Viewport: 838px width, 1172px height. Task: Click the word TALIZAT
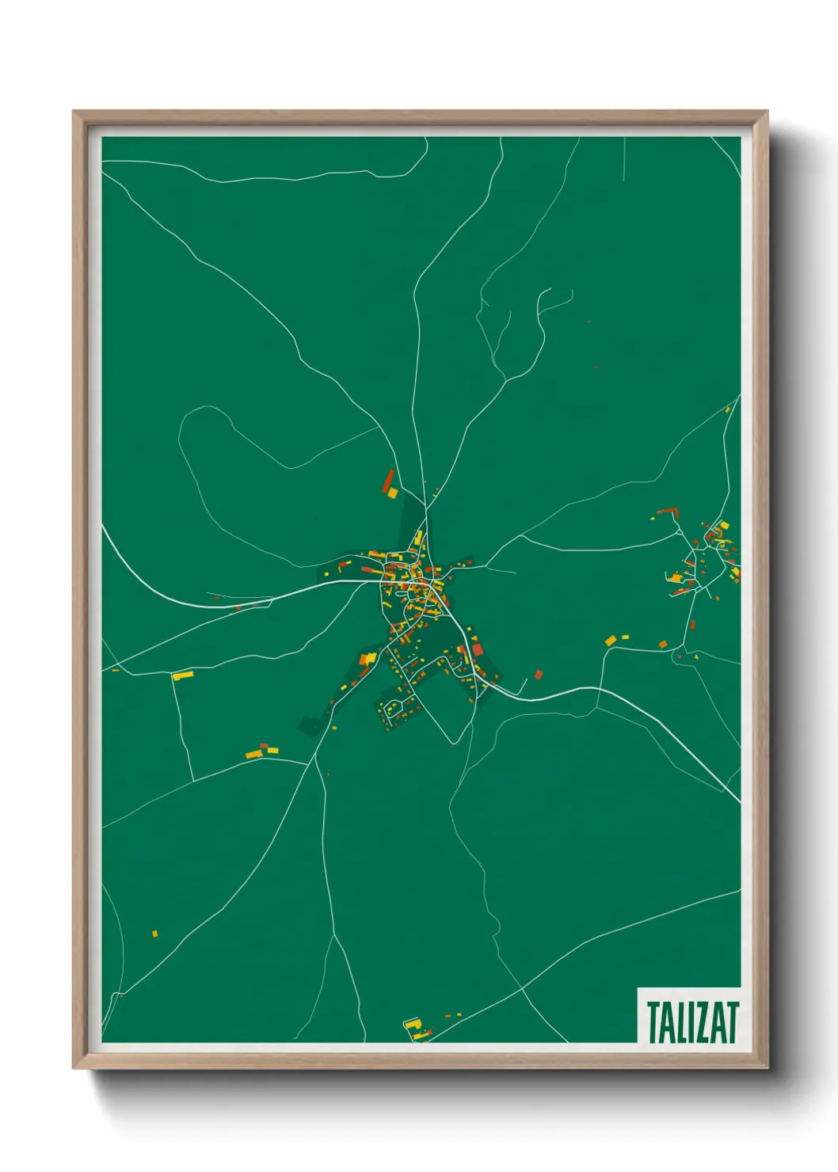[x=692, y=1022]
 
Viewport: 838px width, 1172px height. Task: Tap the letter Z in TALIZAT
[x=701, y=1022]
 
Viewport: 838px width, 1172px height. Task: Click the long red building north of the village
[x=388, y=480]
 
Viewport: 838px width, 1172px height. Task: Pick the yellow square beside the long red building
[x=392, y=493]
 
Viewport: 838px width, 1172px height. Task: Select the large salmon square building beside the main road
[x=477, y=650]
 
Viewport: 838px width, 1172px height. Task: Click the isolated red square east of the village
[x=539, y=675]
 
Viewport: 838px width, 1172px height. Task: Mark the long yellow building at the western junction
[x=183, y=675]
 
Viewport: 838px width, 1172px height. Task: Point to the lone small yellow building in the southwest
[x=155, y=934]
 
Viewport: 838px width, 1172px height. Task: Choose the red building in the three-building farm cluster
[x=265, y=746]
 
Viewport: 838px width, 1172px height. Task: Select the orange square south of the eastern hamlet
[x=663, y=645]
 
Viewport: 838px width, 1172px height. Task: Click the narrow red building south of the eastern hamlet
[x=692, y=625]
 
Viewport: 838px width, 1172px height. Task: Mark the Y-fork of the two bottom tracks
[x=333, y=935]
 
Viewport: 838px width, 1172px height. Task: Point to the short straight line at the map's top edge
[x=624, y=158]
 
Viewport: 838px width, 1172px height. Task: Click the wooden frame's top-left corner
[x=74, y=112]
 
